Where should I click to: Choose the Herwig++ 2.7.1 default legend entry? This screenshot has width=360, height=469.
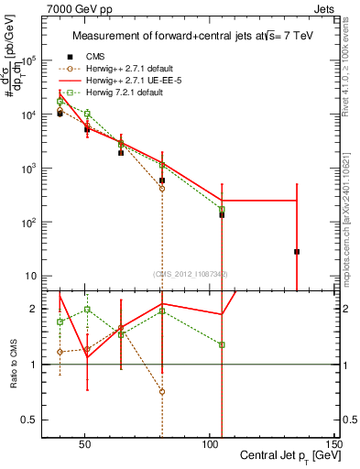coord(121,67)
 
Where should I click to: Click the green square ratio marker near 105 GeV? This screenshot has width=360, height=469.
coord(222,344)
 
